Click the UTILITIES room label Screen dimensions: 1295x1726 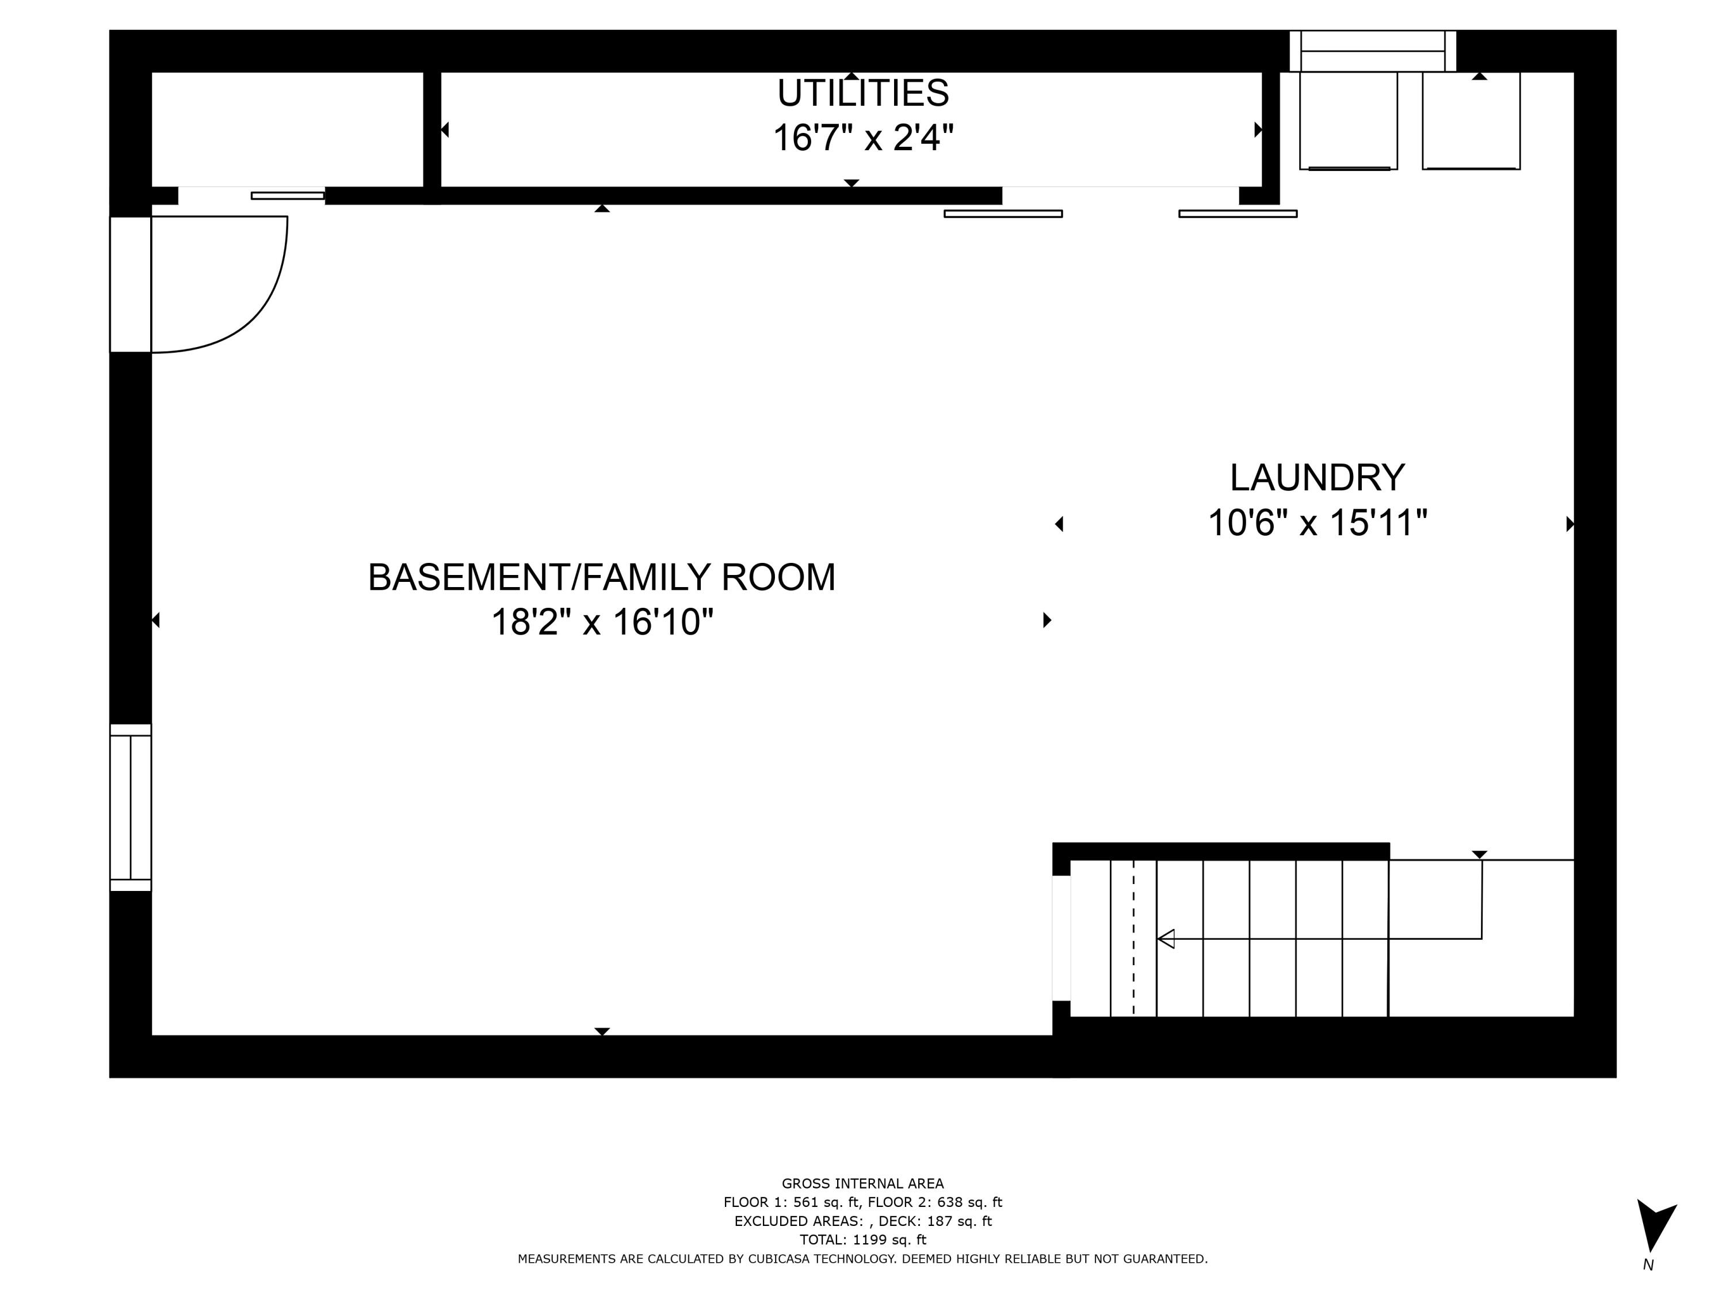[862, 94]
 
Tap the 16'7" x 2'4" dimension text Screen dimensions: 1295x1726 [862, 138]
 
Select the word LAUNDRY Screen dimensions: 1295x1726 [1317, 478]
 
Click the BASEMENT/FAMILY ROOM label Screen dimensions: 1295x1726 [602, 578]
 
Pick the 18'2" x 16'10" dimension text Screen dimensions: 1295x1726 [602, 623]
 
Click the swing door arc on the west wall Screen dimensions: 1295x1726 [258, 312]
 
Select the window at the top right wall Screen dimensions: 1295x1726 [1373, 52]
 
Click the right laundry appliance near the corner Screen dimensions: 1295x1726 [1471, 121]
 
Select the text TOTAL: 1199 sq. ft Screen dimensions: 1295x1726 [862, 1240]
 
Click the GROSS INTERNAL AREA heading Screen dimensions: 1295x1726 [862, 1183]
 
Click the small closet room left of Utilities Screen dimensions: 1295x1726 [287, 129]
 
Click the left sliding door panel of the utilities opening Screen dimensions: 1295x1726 [1003, 213]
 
